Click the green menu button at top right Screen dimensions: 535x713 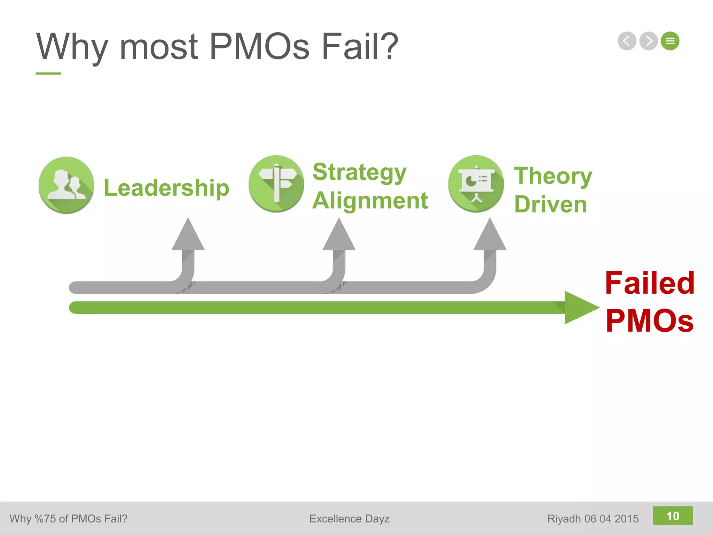[x=670, y=41]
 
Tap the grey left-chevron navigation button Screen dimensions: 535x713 [x=627, y=41]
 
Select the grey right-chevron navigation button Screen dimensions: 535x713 [x=648, y=41]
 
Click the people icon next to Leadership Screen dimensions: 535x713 [x=66, y=185]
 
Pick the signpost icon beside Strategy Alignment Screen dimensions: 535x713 [x=276, y=184]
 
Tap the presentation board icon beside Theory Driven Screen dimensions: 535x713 [x=476, y=184]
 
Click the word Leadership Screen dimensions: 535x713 [x=166, y=188]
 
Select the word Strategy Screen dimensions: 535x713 [x=359, y=172]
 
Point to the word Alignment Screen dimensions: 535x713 [x=370, y=201]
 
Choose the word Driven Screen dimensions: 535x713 [x=550, y=204]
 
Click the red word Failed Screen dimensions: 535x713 [x=650, y=283]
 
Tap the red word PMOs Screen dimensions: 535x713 [x=650, y=320]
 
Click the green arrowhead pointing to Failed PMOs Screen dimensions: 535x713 [x=580, y=308]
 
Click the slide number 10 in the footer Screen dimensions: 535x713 [x=673, y=516]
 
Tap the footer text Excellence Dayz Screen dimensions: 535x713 [x=349, y=519]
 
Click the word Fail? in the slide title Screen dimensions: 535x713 [x=360, y=46]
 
